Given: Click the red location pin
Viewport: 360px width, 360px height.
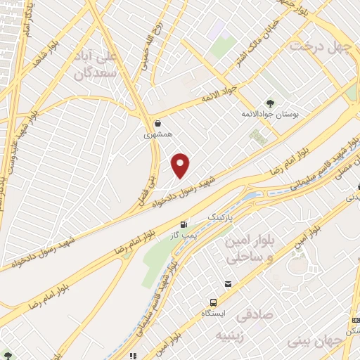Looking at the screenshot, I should tap(181, 166).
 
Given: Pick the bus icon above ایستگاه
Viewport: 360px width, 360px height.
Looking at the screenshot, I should tap(227, 284).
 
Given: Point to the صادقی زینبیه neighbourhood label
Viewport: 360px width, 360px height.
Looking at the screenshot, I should tap(250, 322).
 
